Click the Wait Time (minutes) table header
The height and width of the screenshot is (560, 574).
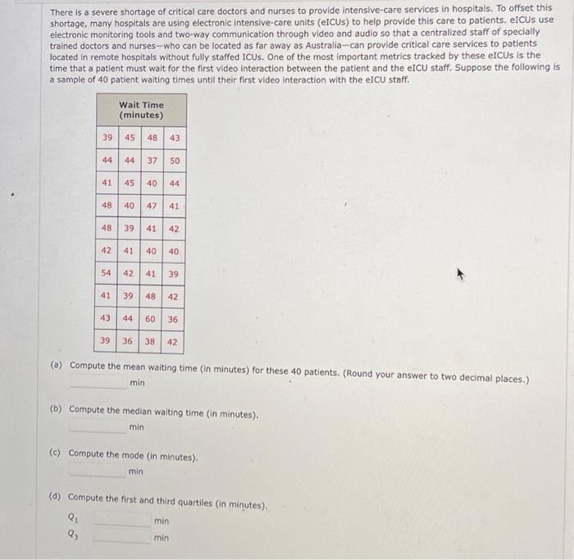click(141, 110)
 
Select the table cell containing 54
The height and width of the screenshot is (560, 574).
click(107, 273)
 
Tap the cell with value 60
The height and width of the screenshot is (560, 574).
click(151, 319)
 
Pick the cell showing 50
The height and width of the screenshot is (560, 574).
click(174, 161)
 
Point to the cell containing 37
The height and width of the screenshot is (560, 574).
click(151, 161)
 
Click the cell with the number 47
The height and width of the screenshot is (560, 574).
click(151, 206)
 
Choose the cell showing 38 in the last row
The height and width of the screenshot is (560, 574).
click(151, 341)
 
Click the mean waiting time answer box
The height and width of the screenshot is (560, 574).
click(98, 382)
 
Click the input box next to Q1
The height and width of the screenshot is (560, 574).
click(123, 520)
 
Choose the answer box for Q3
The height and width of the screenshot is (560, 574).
click(123, 538)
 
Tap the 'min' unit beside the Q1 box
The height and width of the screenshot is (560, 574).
click(161, 520)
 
